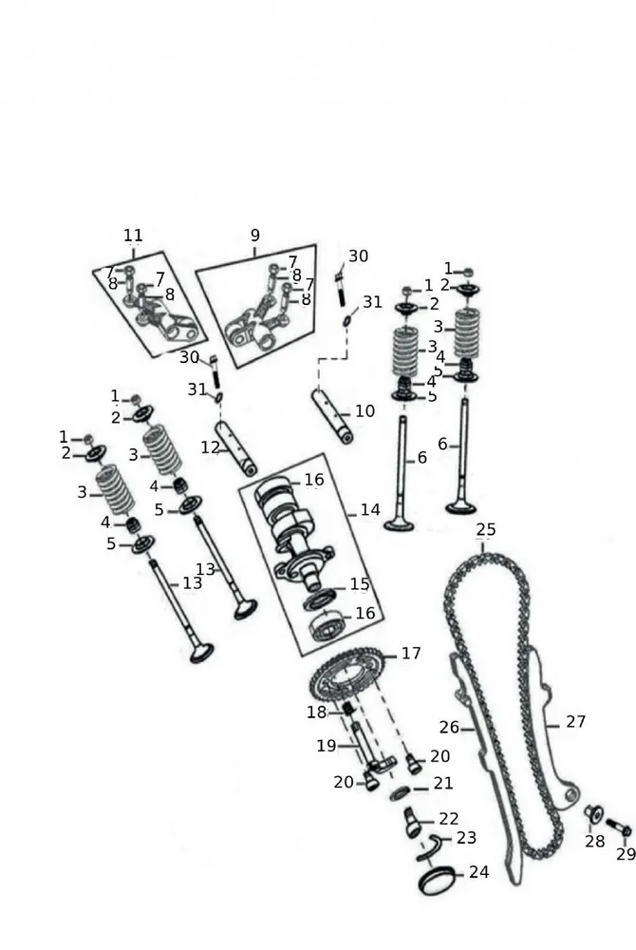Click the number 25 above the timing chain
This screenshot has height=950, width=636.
pyautogui.click(x=486, y=529)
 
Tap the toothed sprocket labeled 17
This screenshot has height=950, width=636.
pyautogui.click(x=346, y=680)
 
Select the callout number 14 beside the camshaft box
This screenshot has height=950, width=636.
pyautogui.click(x=370, y=510)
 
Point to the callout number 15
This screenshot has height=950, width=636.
pyautogui.click(x=359, y=583)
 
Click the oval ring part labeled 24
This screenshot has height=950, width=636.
pyautogui.click(x=438, y=881)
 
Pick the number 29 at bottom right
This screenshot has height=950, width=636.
pyautogui.click(x=626, y=854)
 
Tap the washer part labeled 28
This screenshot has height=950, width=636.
pyautogui.click(x=593, y=813)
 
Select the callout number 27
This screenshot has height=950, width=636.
pyautogui.click(x=576, y=722)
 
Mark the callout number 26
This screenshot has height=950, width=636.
pyautogui.click(x=450, y=728)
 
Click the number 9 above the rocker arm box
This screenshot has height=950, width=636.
pyautogui.click(x=254, y=236)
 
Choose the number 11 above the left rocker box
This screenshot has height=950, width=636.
pyautogui.click(x=133, y=235)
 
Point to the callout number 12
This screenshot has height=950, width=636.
pyautogui.click(x=210, y=446)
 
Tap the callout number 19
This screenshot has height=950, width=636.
pyautogui.click(x=326, y=746)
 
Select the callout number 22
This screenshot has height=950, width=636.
pyautogui.click(x=448, y=819)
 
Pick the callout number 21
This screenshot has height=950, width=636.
pyautogui.click(x=443, y=784)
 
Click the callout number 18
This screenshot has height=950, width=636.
pyautogui.click(x=316, y=712)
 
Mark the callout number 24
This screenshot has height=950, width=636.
pyautogui.click(x=478, y=872)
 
